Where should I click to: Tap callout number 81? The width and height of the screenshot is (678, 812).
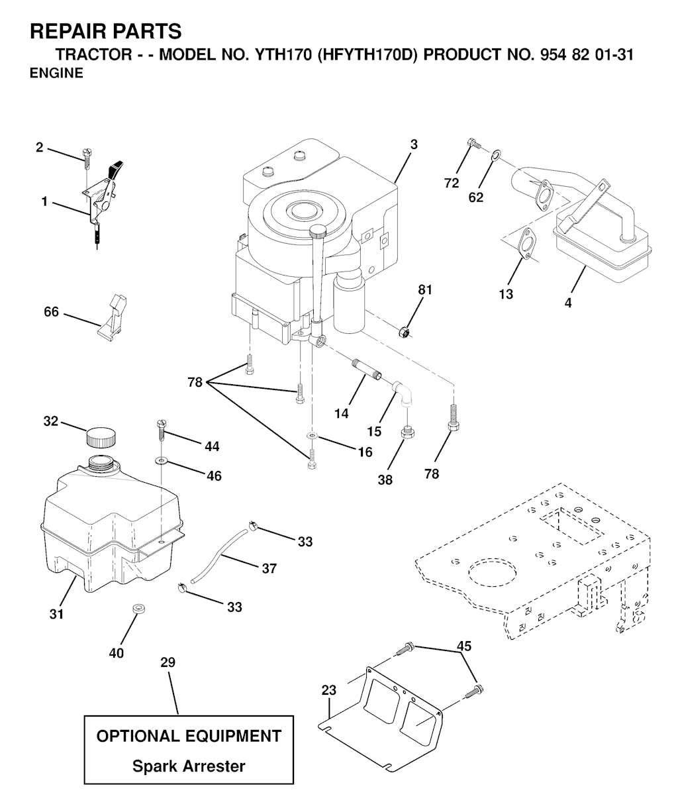pyautogui.click(x=424, y=289)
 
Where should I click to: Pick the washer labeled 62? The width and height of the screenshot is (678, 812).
pyautogui.click(x=495, y=156)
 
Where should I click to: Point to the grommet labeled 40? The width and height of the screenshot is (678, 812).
pyautogui.click(x=138, y=608)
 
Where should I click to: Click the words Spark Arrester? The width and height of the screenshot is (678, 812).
pyautogui.click(x=189, y=766)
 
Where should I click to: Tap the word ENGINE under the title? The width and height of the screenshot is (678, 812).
pyautogui.click(x=57, y=74)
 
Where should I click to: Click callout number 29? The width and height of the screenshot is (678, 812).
pyautogui.click(x=168, y=662)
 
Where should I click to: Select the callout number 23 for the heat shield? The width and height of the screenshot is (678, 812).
pyautogui.click(x=328, y=690)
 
